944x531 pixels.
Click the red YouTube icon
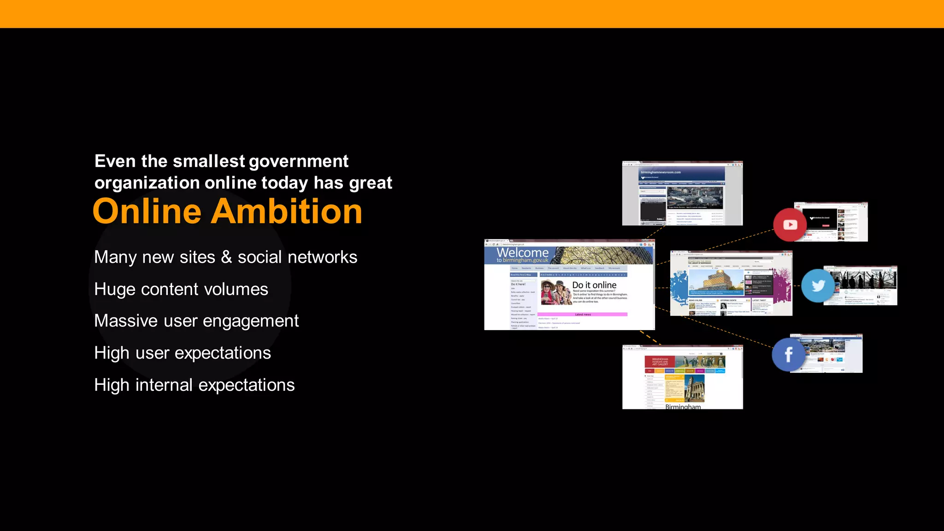pos(790,224)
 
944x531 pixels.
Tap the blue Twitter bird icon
pos(818,286)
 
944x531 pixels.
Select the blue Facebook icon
pos(788,354)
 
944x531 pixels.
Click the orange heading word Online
pos(147,212)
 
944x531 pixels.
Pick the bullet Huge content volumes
pos(181,289)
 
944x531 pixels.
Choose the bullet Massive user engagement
pos(196,321)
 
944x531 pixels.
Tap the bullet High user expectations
pos(183,353)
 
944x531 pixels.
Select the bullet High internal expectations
pos(194,385)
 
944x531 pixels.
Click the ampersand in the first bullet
pos(226,257)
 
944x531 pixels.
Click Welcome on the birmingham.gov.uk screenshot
pos(522,253)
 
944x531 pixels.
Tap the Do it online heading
pos(594,285)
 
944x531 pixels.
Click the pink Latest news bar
pos(583,314)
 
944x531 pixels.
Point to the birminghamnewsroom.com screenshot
pos(682,194)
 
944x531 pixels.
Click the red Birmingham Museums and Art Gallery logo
pos(660,362)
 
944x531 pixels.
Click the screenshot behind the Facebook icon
pos(830,353)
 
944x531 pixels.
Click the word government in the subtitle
pos(299,161)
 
